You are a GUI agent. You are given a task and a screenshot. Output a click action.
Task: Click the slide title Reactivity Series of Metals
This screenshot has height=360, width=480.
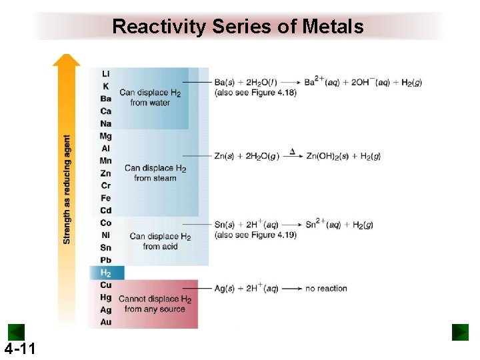tap(238, 27)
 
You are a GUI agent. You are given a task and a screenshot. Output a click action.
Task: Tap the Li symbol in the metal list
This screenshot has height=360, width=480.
tap(105, 73)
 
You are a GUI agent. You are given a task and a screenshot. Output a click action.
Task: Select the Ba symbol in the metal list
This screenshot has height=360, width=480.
tap(105, 99)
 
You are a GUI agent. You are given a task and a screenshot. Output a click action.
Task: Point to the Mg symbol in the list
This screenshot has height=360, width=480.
tap(105, 136)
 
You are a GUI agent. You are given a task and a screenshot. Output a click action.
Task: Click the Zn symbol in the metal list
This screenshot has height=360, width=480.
tap(105, 173)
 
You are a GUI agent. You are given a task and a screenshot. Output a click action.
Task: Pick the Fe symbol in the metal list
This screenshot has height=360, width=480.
tap(105, 198)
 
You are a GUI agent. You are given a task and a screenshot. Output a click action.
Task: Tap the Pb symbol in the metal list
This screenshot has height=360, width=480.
tap(105, 260)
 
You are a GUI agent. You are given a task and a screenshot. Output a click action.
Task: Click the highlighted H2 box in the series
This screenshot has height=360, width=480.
tap(106, 273)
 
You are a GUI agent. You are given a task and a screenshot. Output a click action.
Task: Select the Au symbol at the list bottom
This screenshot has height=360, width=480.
tap(105, 322)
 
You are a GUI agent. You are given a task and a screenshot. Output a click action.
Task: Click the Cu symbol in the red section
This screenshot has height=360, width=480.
tap(105, 285)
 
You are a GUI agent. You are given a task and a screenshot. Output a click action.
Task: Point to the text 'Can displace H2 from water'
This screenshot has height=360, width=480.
tap(150, 97)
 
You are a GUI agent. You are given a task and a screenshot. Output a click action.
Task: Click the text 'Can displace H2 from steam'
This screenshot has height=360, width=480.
tap(155, 173)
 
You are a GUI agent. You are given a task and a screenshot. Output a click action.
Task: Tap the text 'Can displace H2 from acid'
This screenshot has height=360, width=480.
tap(160, 241)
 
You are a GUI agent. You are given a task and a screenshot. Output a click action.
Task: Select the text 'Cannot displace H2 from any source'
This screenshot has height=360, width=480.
tap(155, 304)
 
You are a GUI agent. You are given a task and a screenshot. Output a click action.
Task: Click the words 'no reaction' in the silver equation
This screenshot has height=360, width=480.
tap(326, 289)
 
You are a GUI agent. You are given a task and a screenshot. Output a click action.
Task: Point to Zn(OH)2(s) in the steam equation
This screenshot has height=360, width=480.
tap(329, 157)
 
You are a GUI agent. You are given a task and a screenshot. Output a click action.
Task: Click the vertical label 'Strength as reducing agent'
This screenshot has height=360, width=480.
tap(67, 190)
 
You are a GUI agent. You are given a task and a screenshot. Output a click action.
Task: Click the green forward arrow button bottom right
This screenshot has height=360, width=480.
tap(460, 332)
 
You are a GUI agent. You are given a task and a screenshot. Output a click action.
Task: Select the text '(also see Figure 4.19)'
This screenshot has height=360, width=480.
tap(255, 235)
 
